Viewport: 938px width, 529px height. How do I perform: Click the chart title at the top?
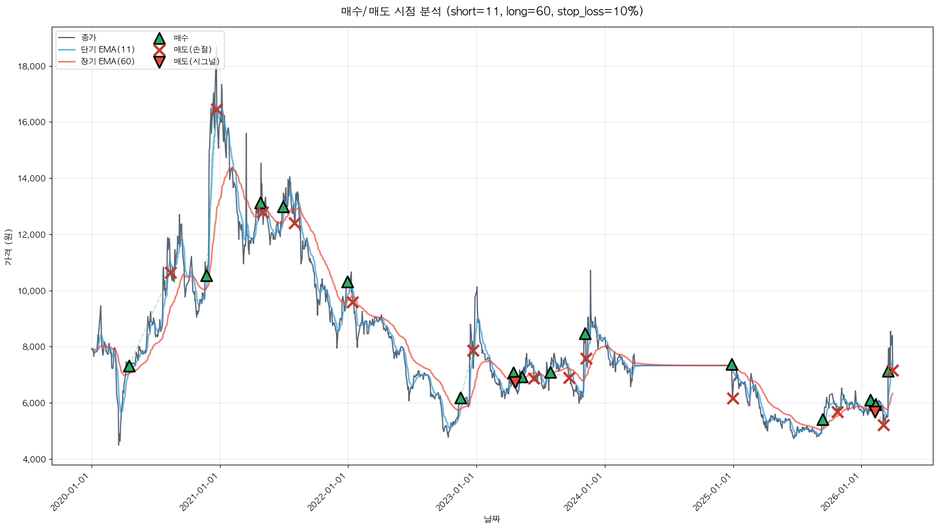tap(492, 11)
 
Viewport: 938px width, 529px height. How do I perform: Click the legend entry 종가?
tap(89, 38)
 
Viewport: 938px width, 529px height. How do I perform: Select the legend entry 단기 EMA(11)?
tap(107, 49)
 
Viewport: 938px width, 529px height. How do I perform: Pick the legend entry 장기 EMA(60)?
tap(107, 61)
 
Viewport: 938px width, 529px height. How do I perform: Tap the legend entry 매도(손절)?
tap(192, 49)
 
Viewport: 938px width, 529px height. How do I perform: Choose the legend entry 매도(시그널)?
tap(196, 61)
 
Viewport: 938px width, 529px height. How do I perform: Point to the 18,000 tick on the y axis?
tap(32, 67)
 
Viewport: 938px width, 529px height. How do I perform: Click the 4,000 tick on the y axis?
tap(34, 460)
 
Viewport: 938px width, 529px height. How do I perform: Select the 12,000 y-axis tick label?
tap(32, 235)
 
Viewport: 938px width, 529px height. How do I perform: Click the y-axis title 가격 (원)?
tap(8, 247)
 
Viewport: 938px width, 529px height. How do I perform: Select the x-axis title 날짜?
tap(492, 519)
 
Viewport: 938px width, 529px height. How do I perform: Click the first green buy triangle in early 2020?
tap(129, 366)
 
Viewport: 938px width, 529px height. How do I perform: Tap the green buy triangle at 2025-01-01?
tap(732, 365)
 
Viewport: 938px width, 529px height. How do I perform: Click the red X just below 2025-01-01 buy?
tap(733, 398)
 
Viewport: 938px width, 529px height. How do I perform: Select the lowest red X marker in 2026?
tap(883, 425)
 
